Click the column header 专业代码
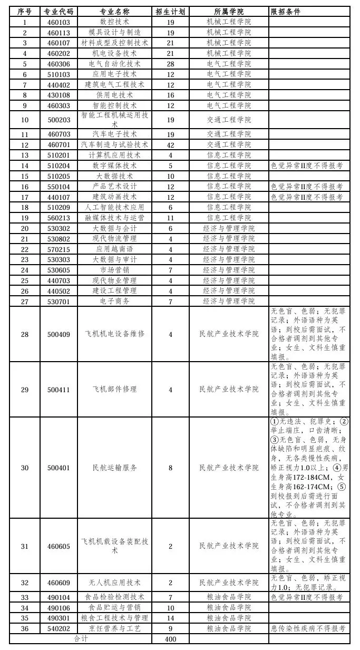(59, 12)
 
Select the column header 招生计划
(170, 12)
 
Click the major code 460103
(59, 22)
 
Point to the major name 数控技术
(114, 22)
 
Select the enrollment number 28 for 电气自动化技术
(170, 64)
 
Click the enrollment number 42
(170, 144)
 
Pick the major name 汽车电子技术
(114, 134)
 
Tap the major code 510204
(59, 166)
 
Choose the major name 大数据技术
(114, 176)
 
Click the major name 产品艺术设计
(114, 187)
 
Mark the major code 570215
(59, 249)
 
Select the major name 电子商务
(114, 301)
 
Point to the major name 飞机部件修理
(114, 389)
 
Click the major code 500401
(59, 468)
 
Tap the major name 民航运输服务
(114, 468)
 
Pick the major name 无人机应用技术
(114, 583)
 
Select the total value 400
(170, 639)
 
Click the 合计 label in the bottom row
(80, 639)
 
